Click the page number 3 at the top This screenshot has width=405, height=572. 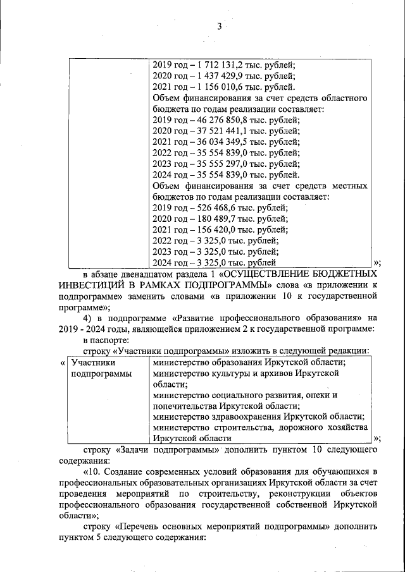pyautogui.click(x=218, y=26)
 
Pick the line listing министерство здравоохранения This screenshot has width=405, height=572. pyautogui.click(x=258, y=417)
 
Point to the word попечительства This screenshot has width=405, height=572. pyautogui.click(x=186, y=406)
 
